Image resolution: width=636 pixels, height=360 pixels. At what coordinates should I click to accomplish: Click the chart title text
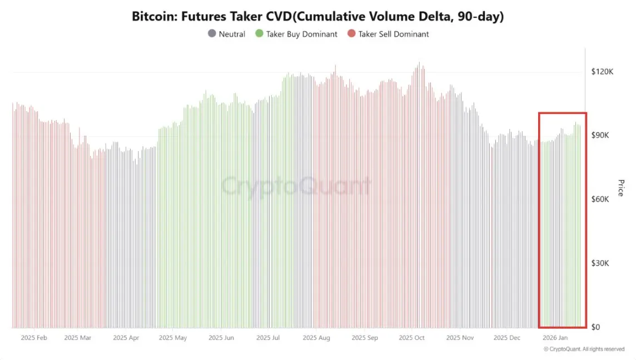click(x=317, y=16)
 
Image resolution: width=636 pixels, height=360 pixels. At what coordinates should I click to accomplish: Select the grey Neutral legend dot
click(x=212, y=34)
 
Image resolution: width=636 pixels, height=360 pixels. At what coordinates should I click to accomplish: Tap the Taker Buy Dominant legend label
click(x=301, y=34)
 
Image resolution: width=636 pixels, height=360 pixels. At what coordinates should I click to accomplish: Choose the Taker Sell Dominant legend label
click(x=393, y=34)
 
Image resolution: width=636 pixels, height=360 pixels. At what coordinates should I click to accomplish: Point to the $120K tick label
click(x=602, y=72)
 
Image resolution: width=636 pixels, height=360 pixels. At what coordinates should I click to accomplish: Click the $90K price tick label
click(x=602, y=136)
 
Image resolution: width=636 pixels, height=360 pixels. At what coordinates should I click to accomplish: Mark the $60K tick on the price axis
click(x=602, y=199)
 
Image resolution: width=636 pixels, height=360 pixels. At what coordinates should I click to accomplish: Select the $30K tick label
click(x=602, y=263)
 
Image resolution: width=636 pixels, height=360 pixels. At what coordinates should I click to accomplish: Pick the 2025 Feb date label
click(x=34, y=338)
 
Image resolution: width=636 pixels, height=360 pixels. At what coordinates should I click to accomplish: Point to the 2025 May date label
click(x=173, y=338)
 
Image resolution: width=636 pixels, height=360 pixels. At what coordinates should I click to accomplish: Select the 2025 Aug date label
click(x=316, y=338)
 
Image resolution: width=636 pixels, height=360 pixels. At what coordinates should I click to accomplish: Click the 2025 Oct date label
click(x=412, y=338)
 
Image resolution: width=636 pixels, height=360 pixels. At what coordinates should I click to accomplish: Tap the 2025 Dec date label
click(x=507, y=338)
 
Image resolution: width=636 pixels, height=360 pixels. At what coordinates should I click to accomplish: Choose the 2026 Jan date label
click(x=555, y=338)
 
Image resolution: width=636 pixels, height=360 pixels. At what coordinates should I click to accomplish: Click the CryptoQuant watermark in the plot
click(x=296, y=186)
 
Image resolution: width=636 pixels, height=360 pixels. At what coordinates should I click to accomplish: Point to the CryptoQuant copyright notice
click(x=584, y=349)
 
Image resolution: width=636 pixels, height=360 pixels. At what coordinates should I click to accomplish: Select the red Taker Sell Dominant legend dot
click(x=351, y=34)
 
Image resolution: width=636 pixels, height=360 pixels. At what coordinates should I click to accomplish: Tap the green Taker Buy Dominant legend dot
click(x=259, y=34)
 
